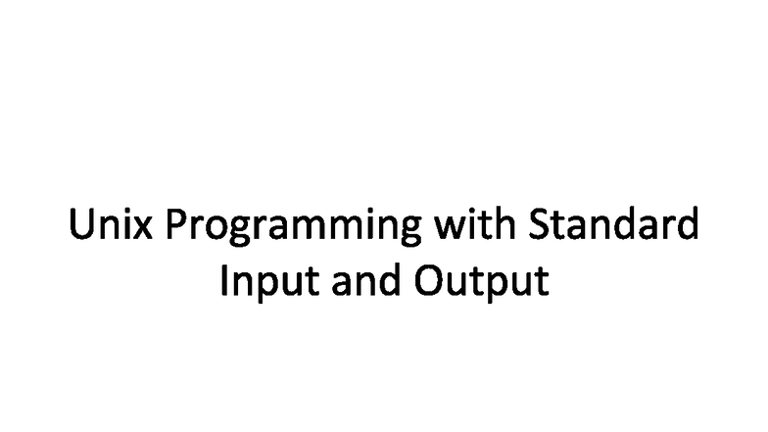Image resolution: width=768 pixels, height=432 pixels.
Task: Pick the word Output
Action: point(480,281)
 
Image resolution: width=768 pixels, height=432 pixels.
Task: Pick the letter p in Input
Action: point(265,285)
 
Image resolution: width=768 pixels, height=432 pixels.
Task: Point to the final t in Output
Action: point(541,281)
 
